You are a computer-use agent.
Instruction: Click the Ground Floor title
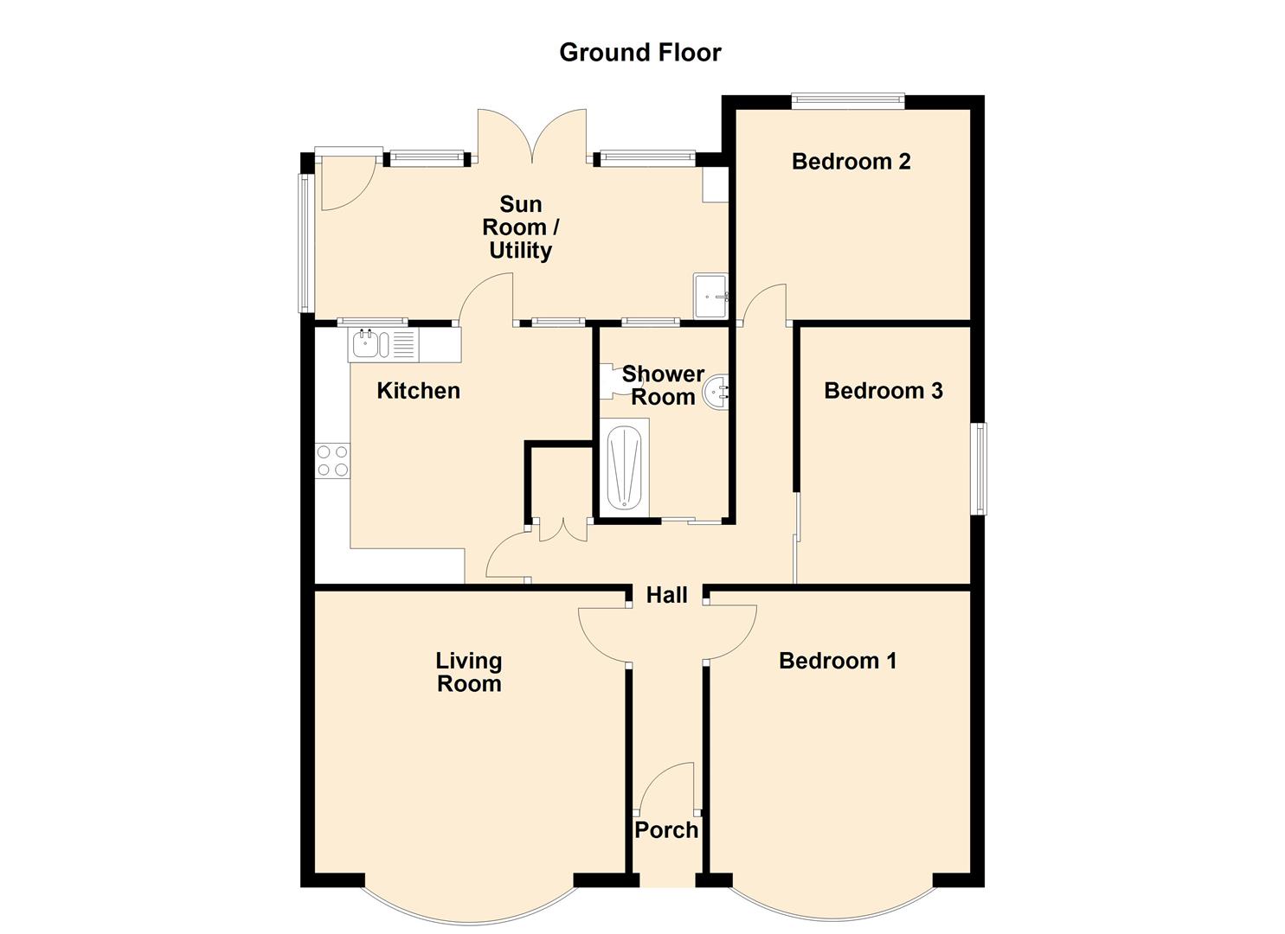tap(639, 53)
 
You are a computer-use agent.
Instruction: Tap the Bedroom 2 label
tap(851, 162)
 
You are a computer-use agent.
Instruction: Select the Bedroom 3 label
tap(883, 391)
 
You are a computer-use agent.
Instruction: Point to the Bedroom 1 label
tap(838, 661)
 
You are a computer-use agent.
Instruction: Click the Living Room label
tap(469, 673)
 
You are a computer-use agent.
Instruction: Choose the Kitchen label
tap(418, 391)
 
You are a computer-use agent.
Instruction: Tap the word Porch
tap(666, 830)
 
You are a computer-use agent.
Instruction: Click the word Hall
tap(666, 595)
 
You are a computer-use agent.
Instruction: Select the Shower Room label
tap(663, 386)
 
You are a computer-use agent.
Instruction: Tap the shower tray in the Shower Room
tap(624, 467)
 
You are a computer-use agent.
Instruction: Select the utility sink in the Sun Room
tap(711, 296)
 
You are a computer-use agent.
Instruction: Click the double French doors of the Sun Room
tap(532, 136)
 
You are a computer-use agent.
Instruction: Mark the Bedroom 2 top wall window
tap(848, 101)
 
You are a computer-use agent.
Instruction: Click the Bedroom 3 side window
tap(981, 469)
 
